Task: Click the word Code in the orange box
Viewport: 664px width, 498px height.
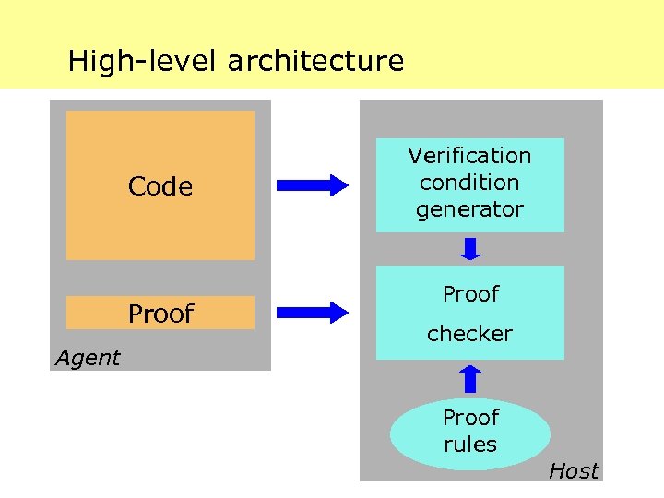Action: pyautogui.click(x=160, y=187)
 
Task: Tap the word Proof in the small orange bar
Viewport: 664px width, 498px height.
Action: pyautogui.click(x=160, y=314)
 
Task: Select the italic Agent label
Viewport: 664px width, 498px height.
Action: pyautogui.click(x=88, y=358)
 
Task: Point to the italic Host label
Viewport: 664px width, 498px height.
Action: pyautogui.click(x=574, y=471)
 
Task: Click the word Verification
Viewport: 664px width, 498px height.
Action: pyautogui.click(x=469, y=156)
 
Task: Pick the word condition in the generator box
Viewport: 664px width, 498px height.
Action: pyautogui.click(x=469, y=183)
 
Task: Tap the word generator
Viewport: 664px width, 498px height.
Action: pyautogui.click(x=469, y=209)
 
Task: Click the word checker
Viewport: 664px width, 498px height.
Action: pyautogui.click(x=469, y=333)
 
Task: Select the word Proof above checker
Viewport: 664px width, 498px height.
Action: pyautogui.click(x=470, y=294)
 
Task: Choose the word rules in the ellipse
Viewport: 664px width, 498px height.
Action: pyautogui.click(x=470, y=445)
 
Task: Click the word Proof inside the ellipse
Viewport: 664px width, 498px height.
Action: pyautogui.click(x=470, y=418)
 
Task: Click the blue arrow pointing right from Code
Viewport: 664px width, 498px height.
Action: pyautogui.click(x=313, y=185)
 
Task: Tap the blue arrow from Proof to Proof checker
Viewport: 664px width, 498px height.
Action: pyautogui.click(x=313, y=312)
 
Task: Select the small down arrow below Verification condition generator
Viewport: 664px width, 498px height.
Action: pyautogui.click(x=470, y=249)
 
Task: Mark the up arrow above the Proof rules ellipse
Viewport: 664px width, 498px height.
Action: pyautogui.click(x=470, y=378)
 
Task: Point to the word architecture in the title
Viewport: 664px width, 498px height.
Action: pyautogui.click(x=315, y=62)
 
